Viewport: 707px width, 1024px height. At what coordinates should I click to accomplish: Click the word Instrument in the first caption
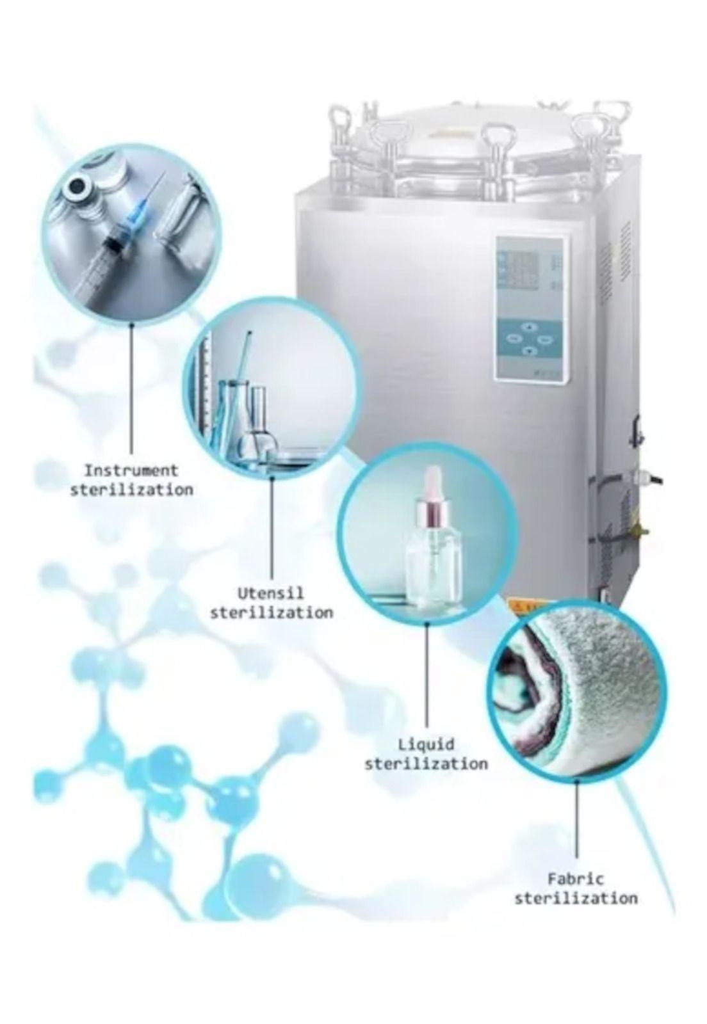point(131,470)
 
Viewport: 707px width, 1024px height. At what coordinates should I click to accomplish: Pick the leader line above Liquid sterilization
point(427,677)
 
